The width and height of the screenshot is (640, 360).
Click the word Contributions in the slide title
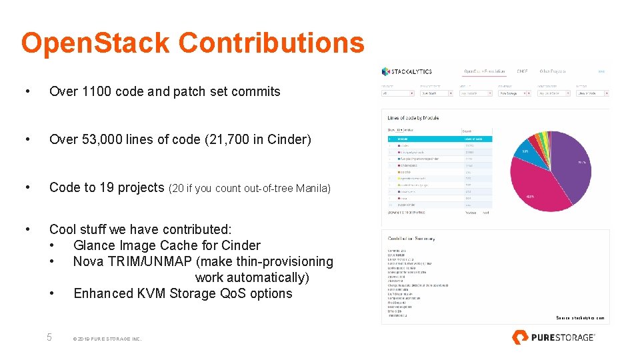pyautogui.click(x=271, y=43)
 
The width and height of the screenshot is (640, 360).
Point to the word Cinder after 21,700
pyautogui.click(x=287, y=139)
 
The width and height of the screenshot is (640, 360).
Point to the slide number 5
pyautogui.click(x=49, y=337)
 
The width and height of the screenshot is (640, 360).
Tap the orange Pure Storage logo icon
pyautogui.click(x=520, y=337)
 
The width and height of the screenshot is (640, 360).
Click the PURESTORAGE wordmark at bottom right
pyautogui.click(x=562, y=337)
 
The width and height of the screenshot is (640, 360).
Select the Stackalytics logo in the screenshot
pyautogui.click(x=407, y=71)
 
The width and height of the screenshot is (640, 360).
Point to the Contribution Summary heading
pyautogui.click(x=411, y=238)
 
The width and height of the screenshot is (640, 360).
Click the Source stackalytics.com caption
pyautogui.click(x=580, y=318)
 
